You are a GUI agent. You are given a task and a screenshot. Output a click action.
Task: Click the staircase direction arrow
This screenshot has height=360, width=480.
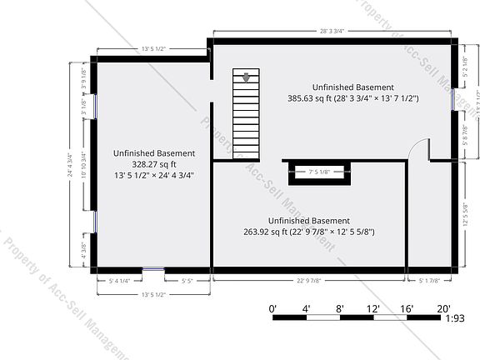coord(247,78)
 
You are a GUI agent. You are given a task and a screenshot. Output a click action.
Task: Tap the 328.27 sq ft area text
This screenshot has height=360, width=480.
coord(154,164)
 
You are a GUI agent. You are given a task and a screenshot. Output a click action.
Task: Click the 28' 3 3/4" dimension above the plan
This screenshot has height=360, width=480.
coord(333,32)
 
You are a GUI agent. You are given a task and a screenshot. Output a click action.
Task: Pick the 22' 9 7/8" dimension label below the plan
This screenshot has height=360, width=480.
coord(308,281)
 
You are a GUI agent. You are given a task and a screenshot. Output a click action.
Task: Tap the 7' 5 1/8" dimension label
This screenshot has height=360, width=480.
coord(320,172)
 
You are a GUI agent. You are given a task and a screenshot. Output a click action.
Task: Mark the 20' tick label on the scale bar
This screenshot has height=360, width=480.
coord(444,308)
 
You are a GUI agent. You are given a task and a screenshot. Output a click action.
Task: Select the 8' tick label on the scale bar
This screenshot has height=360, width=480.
coord(340,308)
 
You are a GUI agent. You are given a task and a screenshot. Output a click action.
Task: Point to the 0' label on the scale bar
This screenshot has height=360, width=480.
coord(273,308)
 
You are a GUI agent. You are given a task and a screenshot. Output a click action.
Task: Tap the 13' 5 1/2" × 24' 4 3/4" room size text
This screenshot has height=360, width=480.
coord(154,175)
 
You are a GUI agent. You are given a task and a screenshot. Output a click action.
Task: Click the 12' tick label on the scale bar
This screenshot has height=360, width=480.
coord(374,308)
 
